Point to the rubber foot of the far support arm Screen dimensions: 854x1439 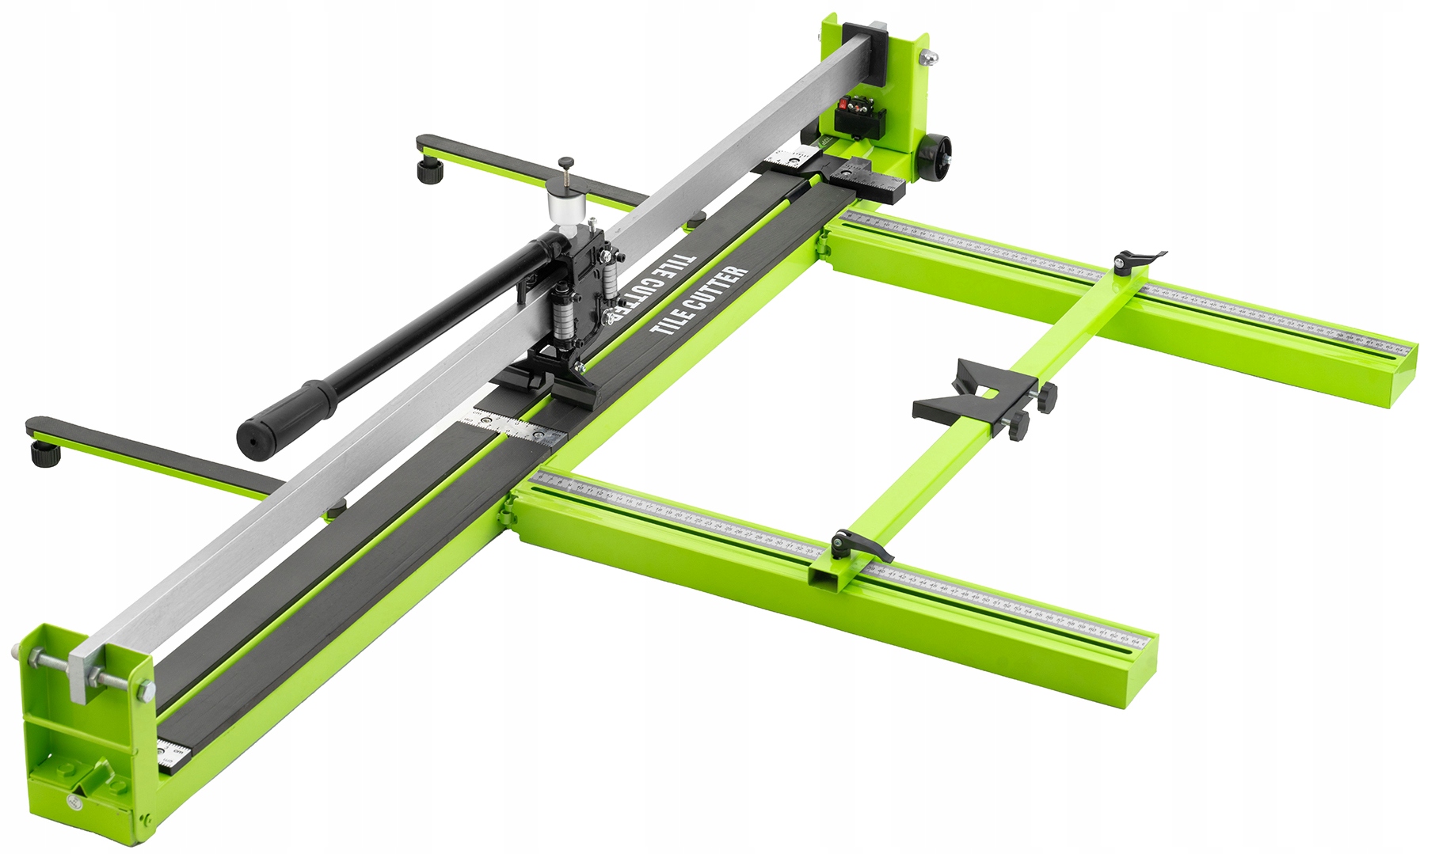[x=432, y=170]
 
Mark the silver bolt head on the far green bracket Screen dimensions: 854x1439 [x=931, y=56]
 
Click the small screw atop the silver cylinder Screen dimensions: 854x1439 [x=565, y=164]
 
